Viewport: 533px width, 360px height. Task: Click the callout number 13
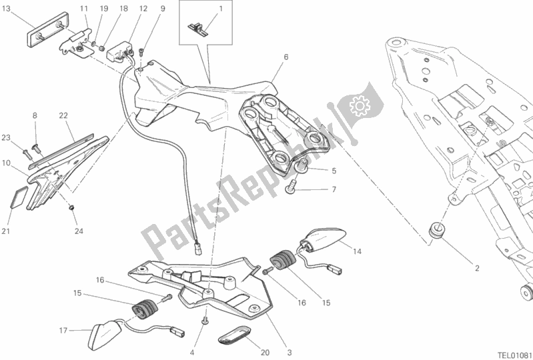point(6,9)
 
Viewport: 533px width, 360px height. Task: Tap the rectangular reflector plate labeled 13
point(47,29)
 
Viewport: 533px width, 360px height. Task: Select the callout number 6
point(286,57)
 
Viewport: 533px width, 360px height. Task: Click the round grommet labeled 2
point(436,231)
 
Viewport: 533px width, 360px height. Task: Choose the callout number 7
point(334,189)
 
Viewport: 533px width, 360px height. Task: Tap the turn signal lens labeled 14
point(323,240)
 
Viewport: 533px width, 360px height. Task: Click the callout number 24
point(79,231)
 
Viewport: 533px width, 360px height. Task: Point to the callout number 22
point(63,116)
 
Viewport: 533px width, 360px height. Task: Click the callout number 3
point(290,353)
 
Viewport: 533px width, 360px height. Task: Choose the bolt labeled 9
point(142,53)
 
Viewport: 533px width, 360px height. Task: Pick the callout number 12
point(143,9)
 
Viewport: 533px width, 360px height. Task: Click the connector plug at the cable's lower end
point(197,250)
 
